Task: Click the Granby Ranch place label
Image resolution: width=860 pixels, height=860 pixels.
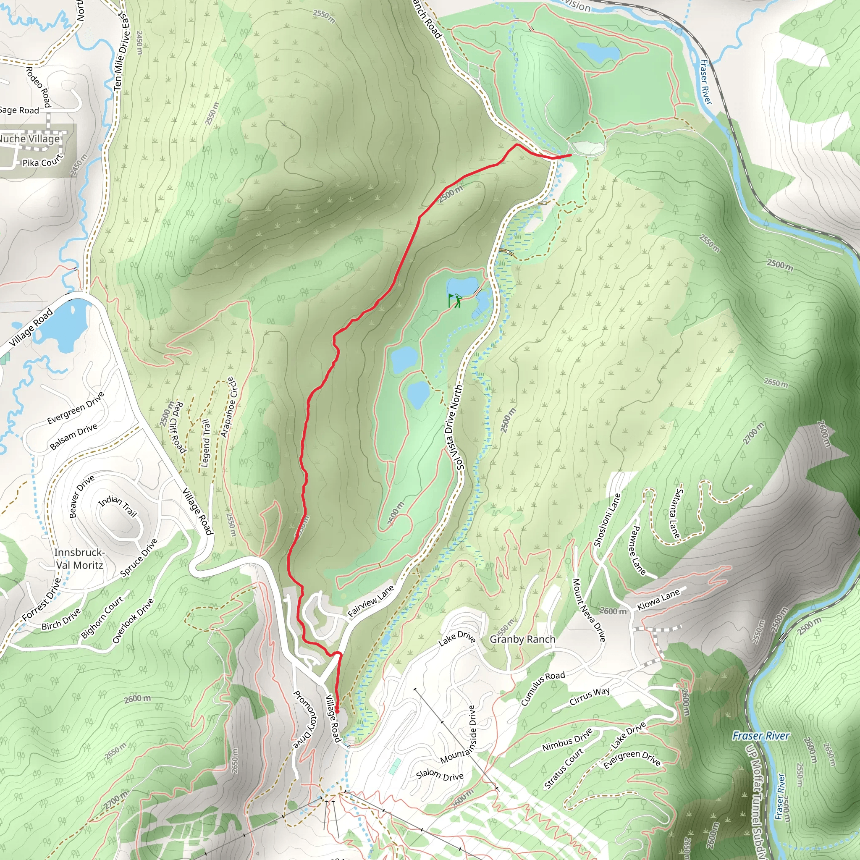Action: (x=522, y=639)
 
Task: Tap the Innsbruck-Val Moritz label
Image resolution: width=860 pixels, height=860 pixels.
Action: (x=79, y=558)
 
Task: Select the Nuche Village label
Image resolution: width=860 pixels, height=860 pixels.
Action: (x=29, y=139)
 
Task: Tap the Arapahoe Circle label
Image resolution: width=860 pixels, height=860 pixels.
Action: (x=230, y=407)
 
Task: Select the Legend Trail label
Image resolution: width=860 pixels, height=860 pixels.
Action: (x=206, y=443)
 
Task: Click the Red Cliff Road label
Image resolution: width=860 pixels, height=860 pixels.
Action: (x=178, y=427)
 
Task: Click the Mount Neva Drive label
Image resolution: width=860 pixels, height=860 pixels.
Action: (x=589, y=610)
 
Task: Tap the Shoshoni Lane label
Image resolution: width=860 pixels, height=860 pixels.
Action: (x=607, y=519)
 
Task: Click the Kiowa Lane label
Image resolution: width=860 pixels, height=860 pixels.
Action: (x=658, y=600)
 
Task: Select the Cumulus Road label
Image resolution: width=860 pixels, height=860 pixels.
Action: (x=543, y=688)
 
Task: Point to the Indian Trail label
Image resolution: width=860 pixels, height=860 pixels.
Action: (x=118, y=506)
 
